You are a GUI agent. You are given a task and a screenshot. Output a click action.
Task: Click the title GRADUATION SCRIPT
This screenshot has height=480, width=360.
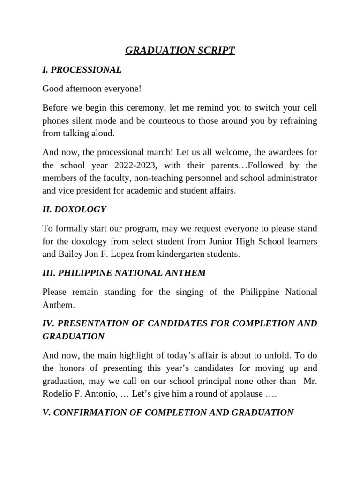[x=180, y=50]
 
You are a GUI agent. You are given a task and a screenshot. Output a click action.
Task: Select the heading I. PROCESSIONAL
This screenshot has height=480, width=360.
[x=82, y=70]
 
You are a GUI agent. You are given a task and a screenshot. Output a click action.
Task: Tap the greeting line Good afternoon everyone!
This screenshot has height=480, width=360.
[x=92, y=89]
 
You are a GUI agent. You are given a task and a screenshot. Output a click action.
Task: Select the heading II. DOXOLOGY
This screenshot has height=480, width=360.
[x=74, y=210]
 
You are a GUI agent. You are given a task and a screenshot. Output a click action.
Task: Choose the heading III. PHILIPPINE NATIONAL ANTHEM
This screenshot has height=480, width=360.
[x=124, y=273]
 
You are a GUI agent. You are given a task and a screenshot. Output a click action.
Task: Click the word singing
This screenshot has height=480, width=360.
[x=190, y=292]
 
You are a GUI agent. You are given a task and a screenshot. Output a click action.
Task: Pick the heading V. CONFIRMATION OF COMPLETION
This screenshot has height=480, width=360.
[x=168, y=412]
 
